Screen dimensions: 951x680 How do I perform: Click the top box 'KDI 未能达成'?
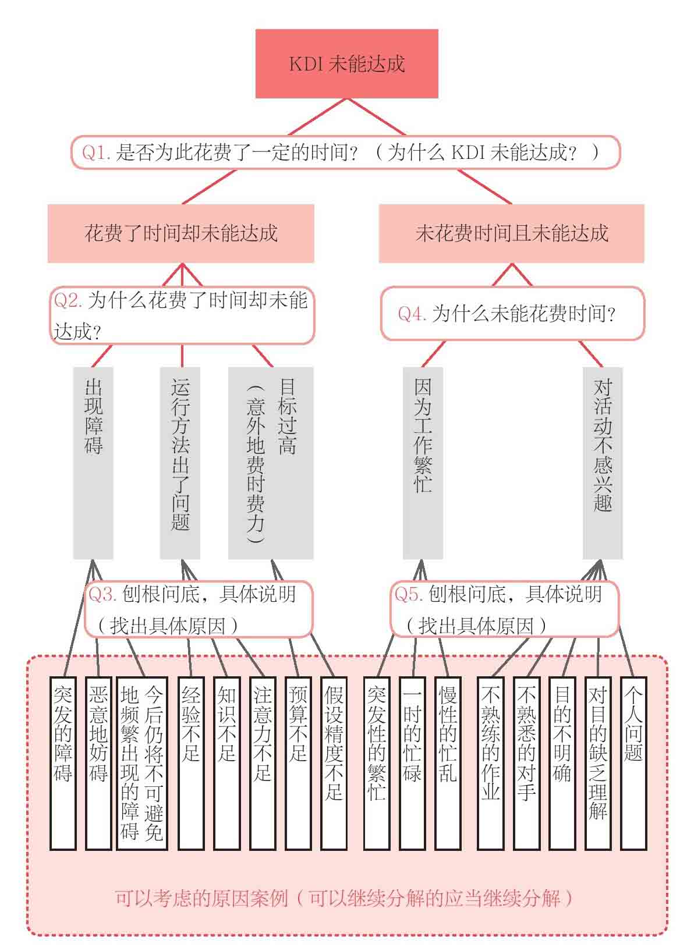[x=346, y=63]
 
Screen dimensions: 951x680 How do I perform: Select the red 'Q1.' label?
[x=96, y=152]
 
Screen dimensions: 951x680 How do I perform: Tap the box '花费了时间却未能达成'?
[x=180, y=233]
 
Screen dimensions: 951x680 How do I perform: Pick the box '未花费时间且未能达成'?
[x=511, y=233]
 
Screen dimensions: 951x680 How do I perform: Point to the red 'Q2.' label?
[x=68, y=300]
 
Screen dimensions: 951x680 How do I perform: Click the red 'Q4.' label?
[x=412, y=314]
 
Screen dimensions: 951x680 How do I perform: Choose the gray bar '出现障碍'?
[x=93, y=463]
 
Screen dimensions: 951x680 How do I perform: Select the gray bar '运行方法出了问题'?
[x=180, y=463]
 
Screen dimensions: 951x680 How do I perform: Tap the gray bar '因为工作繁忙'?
[x=423, y=463]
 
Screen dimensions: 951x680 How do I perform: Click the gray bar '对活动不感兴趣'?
[x=603, y=463]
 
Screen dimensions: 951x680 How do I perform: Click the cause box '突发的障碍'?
[x=63, y=762]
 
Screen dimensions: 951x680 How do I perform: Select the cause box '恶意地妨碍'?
[x=98, y=762]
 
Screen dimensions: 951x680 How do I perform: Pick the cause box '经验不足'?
[x=191, y=762]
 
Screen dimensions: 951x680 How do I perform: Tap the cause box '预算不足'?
[x=298, y=762]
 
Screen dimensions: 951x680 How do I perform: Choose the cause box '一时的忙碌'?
[x=412, y=762]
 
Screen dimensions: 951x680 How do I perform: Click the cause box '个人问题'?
[x=633, y=762]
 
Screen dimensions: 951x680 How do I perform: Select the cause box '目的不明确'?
[x=562, y=762]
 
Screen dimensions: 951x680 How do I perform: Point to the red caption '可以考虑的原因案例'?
[x=201, y=898]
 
